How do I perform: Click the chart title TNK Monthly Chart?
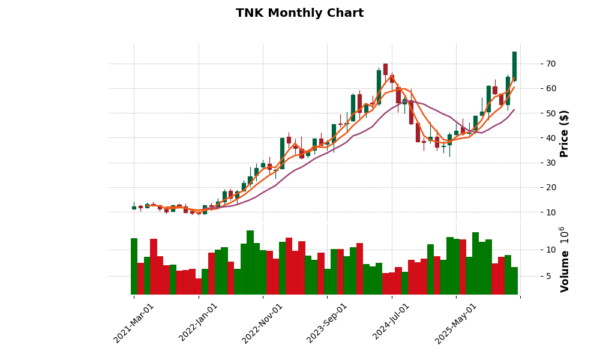[299, 13]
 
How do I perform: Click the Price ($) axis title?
[564, 133]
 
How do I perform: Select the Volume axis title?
[564, 259]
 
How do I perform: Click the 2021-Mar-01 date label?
[134, 323]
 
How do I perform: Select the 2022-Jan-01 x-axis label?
[199, 323]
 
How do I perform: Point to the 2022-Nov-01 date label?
[263, 323]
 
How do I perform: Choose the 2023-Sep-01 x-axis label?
[327, 323]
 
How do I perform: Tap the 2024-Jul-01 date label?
[392, 323]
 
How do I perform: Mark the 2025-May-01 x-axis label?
[456, 323]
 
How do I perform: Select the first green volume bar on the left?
[134, 266]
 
